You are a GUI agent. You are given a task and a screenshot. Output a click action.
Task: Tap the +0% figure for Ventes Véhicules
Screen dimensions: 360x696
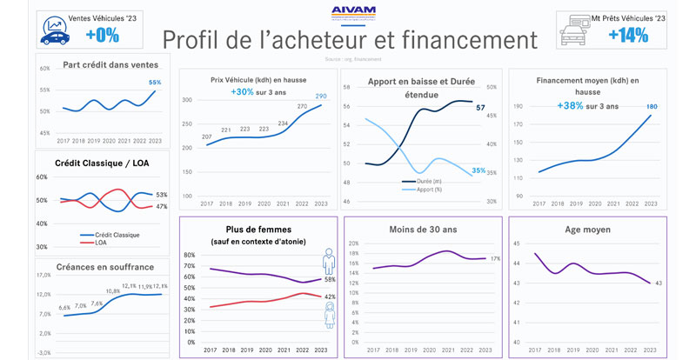pos(102,35)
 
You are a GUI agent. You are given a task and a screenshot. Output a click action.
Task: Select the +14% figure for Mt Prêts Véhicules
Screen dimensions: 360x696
pos(626,35)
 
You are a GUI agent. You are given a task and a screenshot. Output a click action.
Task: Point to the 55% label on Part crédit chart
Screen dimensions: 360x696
pos(155,83)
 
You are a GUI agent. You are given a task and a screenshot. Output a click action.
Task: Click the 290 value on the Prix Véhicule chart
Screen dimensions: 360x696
pos(321,96)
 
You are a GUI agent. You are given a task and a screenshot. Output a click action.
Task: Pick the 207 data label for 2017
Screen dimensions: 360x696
pos(207,137)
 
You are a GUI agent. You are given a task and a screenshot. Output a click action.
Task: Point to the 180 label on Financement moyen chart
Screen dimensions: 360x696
pos(651,106)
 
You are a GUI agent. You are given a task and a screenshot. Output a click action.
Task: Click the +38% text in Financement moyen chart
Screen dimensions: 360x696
pos(569,106)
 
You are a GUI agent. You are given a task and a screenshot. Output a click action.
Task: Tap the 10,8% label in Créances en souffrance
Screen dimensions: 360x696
pos(112,291)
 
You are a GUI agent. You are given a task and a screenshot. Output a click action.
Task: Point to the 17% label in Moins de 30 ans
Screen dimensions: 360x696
pos(495,258)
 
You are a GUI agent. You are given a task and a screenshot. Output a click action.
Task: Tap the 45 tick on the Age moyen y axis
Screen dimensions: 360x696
pos(516,243)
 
